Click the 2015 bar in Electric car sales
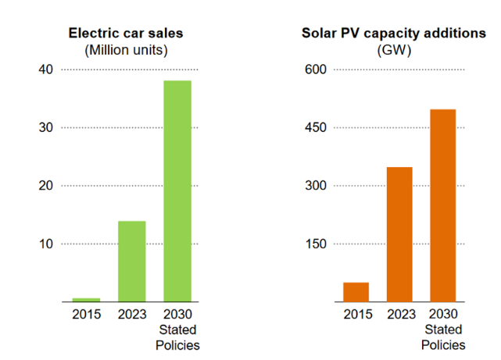pos(87,300)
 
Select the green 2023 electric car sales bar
pos(132,262)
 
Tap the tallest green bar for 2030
pos(177,191)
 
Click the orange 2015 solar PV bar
pos(356,292)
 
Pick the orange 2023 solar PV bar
pos(399,234)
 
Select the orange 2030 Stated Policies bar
pos(443,205)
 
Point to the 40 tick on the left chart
pos(45,70)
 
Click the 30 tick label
pos(45,128)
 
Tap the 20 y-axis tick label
pos(45,186)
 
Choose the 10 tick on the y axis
pos(45,244)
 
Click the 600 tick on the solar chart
pos(316,70)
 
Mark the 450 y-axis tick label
pos(316,128)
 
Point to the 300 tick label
pos(316,186)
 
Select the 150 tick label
pos(316,244)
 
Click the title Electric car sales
pos(126,34)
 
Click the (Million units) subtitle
pos(126,50)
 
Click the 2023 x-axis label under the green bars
pos(132,315)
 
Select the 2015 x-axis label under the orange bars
pos(356,315)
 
